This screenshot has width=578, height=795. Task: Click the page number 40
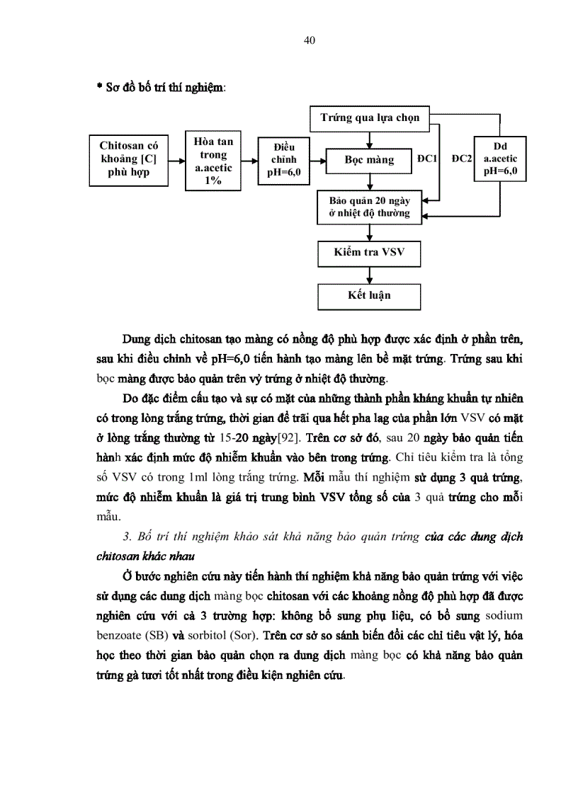(x=309, y=40)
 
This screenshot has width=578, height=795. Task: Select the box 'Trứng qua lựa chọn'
(x=370, y=118)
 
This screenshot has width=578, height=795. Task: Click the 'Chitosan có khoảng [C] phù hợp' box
(x=129, y=159)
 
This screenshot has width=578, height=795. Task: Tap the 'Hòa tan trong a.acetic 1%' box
(x=213, y=161)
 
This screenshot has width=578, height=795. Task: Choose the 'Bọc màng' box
(x=369, y=160)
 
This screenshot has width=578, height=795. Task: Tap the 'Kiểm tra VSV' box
(x=369, y=252)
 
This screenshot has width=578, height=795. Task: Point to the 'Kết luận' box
(x=369, y=294)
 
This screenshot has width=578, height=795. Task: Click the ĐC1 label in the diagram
(x=427, y=159)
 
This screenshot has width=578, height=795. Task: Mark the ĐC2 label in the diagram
(x=461, y=159)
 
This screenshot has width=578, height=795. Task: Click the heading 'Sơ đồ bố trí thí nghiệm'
(x=161, y=88)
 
